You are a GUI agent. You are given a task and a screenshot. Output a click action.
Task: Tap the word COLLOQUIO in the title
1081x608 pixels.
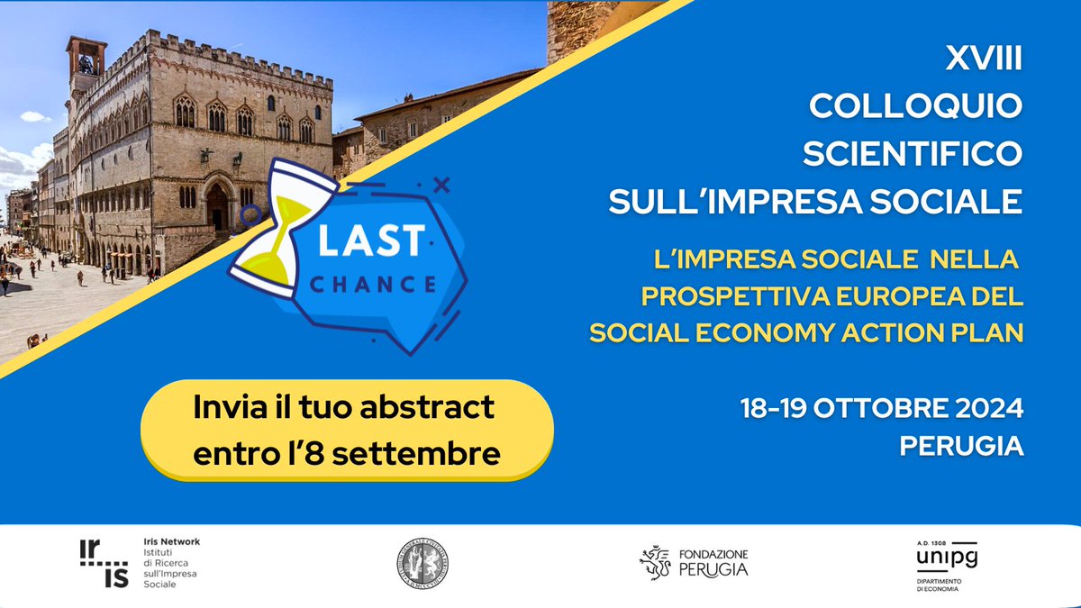(x=916, y=107)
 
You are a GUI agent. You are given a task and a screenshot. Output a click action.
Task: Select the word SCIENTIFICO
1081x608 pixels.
(x=912, y=154)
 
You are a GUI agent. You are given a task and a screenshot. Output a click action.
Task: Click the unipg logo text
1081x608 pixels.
(x=946, y=558)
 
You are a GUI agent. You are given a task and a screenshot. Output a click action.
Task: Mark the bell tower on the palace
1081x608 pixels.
(x=86, y=68)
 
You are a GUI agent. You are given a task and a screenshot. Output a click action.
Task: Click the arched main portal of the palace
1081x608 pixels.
(x=217, y=206)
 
